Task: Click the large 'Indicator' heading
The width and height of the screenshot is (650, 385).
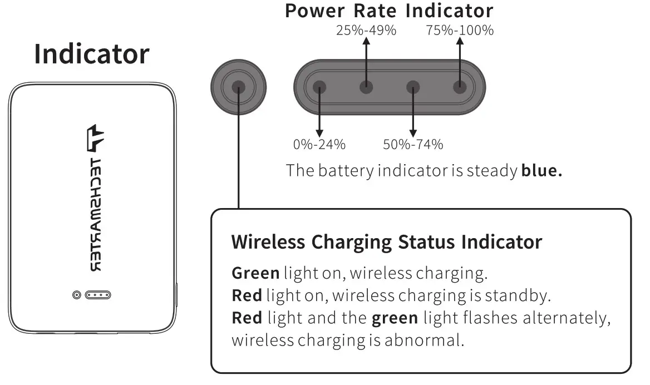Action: click(91, 55)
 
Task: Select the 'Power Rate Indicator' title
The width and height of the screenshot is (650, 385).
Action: click(389, 11)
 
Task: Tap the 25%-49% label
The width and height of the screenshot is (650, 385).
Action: click(366, 31)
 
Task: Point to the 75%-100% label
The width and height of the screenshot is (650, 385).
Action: click(460, 31)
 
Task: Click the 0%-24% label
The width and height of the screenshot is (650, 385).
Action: click(319, 145)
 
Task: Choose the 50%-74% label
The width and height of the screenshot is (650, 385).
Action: click(413, 145)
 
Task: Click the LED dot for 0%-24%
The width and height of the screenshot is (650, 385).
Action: click(319, 87)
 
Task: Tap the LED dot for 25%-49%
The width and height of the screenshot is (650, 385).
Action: click(366, 87)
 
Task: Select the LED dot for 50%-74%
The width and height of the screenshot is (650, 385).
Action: click(413, 87)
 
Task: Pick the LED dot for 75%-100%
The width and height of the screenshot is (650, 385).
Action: click(460, 87)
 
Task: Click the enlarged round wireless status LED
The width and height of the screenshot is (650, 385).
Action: click(239, 87)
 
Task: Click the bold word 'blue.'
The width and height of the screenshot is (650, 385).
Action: click(541, 170)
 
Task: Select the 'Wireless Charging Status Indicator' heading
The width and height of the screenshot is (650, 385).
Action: click(386, 242)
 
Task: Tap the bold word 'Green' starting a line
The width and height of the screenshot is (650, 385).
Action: click(255, 273)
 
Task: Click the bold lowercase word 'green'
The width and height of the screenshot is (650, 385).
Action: click(395, 318)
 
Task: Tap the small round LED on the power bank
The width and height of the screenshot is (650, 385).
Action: click(77, 294)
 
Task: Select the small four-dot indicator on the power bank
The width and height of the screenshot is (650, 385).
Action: click(98, 294)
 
